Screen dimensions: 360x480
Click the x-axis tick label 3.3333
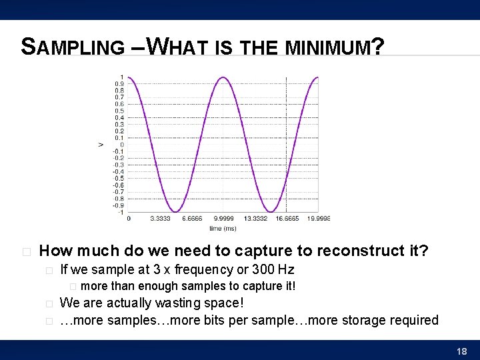(160, 218)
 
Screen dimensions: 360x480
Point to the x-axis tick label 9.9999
(223, 218)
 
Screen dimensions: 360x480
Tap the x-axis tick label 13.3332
(255, 218)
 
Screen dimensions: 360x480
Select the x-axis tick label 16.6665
(287, 218)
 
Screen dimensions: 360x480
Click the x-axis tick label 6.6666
(192, 218)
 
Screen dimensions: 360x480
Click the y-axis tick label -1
(119, 212)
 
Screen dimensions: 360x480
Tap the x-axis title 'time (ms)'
(223, 228)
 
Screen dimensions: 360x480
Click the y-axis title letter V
(101, 144)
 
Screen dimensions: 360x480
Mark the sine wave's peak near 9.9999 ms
(223, 78)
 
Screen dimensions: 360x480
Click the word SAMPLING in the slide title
(73, 47)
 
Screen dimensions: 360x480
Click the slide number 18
(461, 351)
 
